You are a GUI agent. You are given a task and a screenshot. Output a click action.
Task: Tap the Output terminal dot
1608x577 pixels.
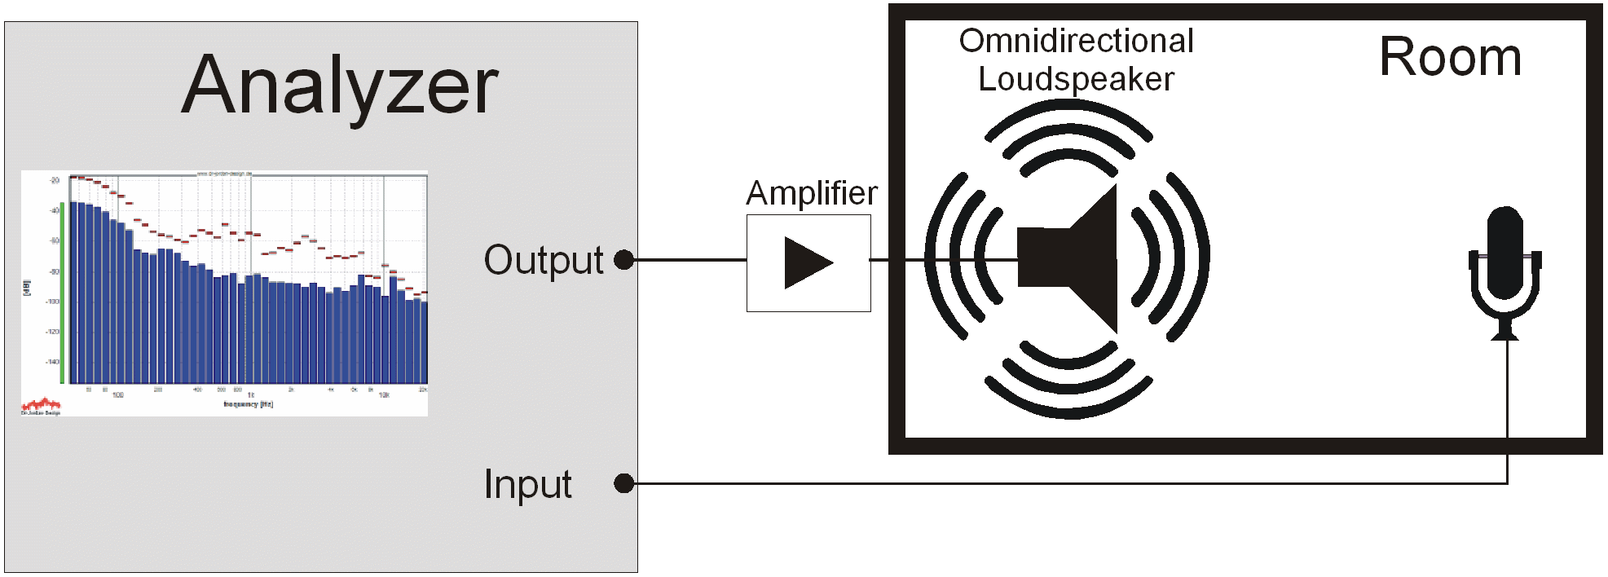point(624,260)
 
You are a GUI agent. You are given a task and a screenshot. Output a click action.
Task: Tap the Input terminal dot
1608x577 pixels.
point(624,483)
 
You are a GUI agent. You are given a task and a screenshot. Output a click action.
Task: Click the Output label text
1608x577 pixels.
point(544,261)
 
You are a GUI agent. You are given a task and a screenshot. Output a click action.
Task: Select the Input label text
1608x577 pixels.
point(527,484)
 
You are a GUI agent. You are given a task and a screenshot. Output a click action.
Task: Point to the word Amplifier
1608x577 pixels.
point(812,194)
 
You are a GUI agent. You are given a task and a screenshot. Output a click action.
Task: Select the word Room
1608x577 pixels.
point(1450,58)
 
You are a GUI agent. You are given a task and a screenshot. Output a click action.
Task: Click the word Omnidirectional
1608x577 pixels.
point(1076,41)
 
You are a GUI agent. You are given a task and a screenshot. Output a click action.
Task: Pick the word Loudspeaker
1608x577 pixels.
point(1076,79)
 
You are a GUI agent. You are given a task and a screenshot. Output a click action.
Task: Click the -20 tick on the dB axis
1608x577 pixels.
point(55,180)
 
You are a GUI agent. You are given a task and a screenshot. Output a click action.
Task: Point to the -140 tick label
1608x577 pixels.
point(53,362)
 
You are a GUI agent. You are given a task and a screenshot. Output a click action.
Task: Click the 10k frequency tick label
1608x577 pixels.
point(384,395)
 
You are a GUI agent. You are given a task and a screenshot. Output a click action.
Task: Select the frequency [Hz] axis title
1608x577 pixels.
point(249,404)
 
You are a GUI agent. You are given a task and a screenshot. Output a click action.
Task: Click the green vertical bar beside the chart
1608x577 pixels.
point(63,293)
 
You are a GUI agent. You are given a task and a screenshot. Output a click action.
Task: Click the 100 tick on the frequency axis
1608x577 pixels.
point(118,395)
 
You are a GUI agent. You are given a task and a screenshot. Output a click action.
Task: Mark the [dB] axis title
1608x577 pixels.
point(27,288)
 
